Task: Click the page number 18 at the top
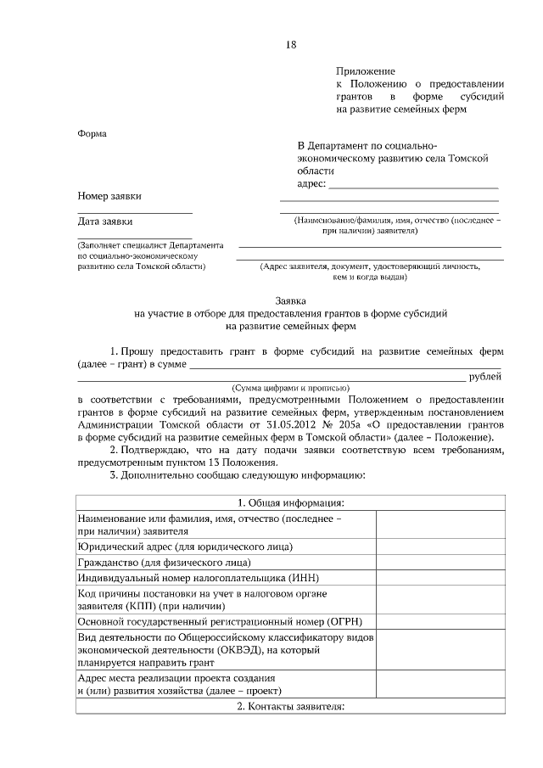point(291,44)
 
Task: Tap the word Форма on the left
point(92,133)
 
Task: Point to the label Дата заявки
point(105,221)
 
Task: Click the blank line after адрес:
point(413,183)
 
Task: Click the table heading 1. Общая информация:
point(291,502)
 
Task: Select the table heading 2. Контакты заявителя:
point(291,706)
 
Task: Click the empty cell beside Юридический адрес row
point(439,546)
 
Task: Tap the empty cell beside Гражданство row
point(439,562)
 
